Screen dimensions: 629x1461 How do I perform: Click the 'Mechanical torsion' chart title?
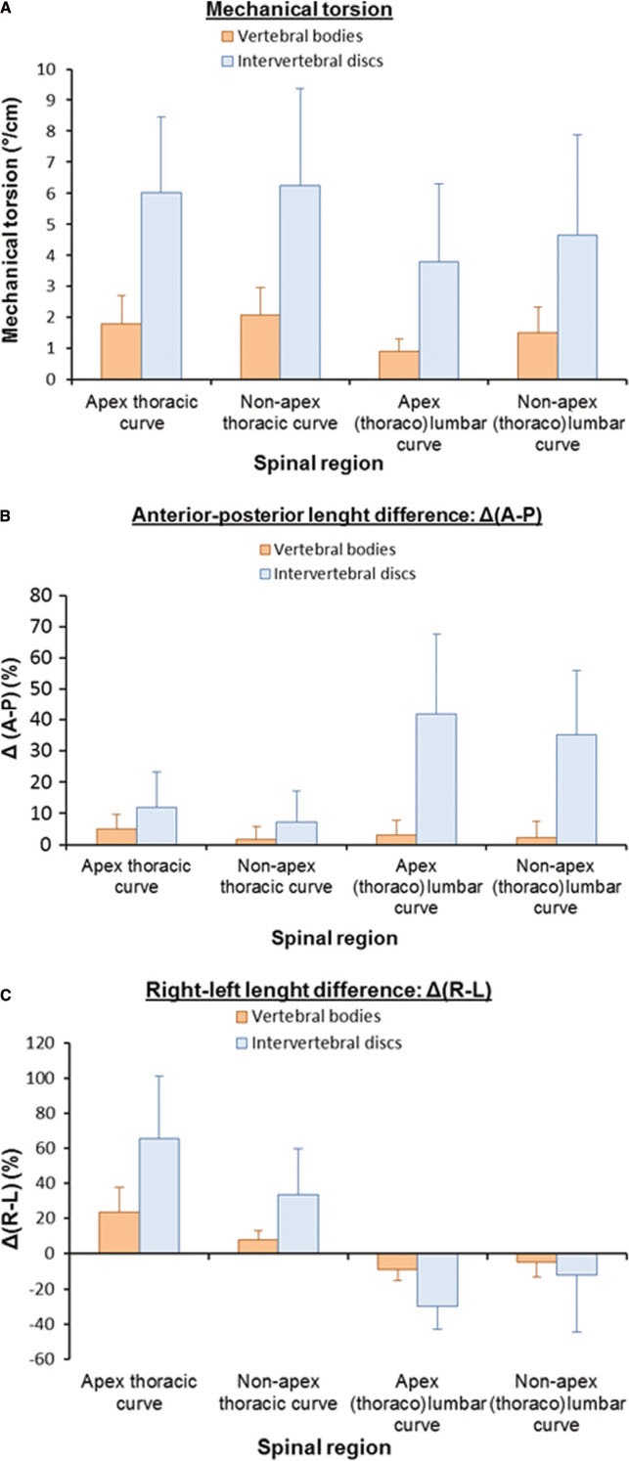click(299, 10)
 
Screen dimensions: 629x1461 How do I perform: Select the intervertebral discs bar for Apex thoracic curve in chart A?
click(161, 286)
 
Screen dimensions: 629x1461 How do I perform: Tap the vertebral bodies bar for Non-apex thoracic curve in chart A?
click(260, 347)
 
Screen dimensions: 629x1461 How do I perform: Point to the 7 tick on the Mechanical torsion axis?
click(50, 161)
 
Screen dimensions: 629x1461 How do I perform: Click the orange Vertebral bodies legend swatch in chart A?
click(227, 36)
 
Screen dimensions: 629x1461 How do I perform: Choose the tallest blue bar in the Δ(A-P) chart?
click(436, 778)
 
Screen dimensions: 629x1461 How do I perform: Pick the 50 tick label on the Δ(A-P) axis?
click(42, 688)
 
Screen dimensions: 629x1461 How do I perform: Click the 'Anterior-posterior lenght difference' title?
click(337, 515)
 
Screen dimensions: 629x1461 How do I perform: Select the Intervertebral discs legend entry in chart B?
click(337, 574)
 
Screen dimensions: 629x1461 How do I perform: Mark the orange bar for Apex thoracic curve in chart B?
click(116, 836)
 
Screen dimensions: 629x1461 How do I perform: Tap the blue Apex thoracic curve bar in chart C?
click(159, 1196)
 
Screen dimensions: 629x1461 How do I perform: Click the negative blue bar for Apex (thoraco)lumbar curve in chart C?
click(437, 1280)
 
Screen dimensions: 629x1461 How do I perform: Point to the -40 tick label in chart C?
click(41, 1324)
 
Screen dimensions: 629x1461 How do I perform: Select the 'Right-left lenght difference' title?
click(319, 990)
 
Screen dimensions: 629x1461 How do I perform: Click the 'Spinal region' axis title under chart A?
click(319, 464)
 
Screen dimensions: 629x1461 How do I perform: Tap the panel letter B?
click(5, 516)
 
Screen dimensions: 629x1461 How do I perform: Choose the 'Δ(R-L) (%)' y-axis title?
click(11, 1198)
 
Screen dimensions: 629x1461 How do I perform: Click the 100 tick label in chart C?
click(39, 1078)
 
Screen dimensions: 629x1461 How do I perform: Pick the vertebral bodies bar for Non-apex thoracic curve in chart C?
click(258, 1246)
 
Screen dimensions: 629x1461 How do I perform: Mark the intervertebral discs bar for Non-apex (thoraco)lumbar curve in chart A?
click(577, 307)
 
